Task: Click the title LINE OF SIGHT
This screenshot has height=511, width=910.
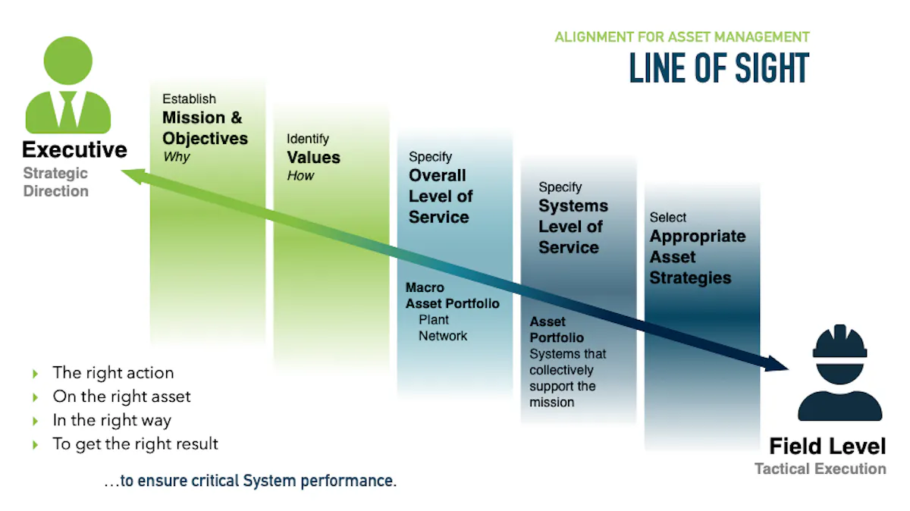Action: (x=719, y=67)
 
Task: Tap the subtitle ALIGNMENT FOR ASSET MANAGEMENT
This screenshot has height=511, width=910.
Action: (x=682, y=37)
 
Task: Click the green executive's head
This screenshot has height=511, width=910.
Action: (x=67, y=61)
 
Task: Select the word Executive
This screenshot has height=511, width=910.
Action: (x=75, y=149)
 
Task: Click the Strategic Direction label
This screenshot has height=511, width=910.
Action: (x=55, y=182)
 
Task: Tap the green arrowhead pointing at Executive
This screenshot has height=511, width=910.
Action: (x=134, y=176)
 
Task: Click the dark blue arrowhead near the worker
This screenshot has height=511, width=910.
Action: (x=775, y=364)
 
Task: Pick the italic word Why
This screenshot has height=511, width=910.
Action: (x=176, y=157)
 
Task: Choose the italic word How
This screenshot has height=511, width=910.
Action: (x=300, y=175)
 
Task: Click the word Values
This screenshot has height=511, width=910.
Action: (x=313, y=157)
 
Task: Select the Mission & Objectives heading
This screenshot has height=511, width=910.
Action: (x=205, y=128)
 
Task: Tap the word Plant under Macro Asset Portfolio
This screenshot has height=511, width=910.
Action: (x=434, y=320)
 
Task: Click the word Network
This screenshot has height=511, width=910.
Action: (x=443, y=336)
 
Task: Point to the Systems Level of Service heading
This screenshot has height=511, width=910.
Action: (x=573, y=227)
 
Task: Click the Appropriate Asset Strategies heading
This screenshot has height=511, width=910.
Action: (x=698, y=257)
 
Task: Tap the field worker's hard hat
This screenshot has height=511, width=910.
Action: (x=839, y=341)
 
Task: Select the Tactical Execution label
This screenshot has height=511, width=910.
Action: (x=821, y=469)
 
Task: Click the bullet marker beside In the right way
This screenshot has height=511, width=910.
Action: (x=36, y=421)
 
